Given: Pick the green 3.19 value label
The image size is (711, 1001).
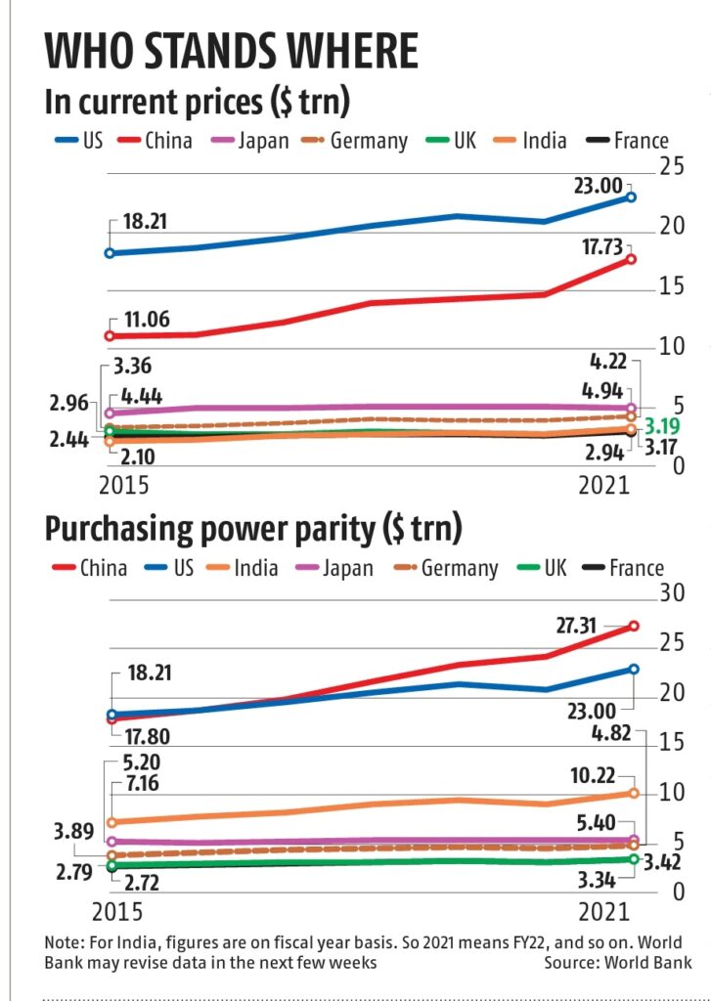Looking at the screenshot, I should [x=661, y=427].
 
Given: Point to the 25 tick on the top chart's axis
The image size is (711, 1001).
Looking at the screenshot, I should [x=671, y=167].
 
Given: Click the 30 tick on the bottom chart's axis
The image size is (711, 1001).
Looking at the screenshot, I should [x=671, y=593].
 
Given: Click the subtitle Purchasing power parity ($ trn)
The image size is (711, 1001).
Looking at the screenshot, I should [x=253, y=530].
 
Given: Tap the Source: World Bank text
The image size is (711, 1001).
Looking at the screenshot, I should [x=618, y=963].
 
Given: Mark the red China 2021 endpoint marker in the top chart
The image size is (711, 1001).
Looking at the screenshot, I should [x=631, y=259].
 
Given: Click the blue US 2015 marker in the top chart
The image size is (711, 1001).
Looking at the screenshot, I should [x=110, y=253].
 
